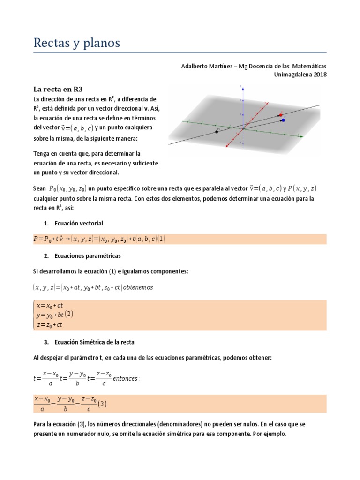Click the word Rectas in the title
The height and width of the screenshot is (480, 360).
pyautogui.click(x=52, y=43)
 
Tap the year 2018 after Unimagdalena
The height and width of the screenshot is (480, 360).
pyautogui.click(x=318, y=74)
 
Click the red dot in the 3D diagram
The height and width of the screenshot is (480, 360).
pyautogui.click(x=280, y=115)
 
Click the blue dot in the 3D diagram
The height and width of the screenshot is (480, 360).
pyautogui.click(x=283, y=120)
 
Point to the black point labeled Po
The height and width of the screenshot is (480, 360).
pyautogui.click(x=217, y=132)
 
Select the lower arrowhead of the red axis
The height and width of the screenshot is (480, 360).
pyautogui.click(x=227, y=147)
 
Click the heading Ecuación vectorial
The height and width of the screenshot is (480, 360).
pyautogui.click(x=79, y=223)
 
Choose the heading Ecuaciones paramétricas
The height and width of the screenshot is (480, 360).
pyautogui.click(x=88, y=256)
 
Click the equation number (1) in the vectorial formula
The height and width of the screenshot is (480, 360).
pyautogui.click(x=162, y=239)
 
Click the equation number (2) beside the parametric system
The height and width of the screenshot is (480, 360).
pyautogui.click(x=69, y=313)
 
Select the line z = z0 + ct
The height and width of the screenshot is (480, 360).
pyautogui.click(x=49, y=324)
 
